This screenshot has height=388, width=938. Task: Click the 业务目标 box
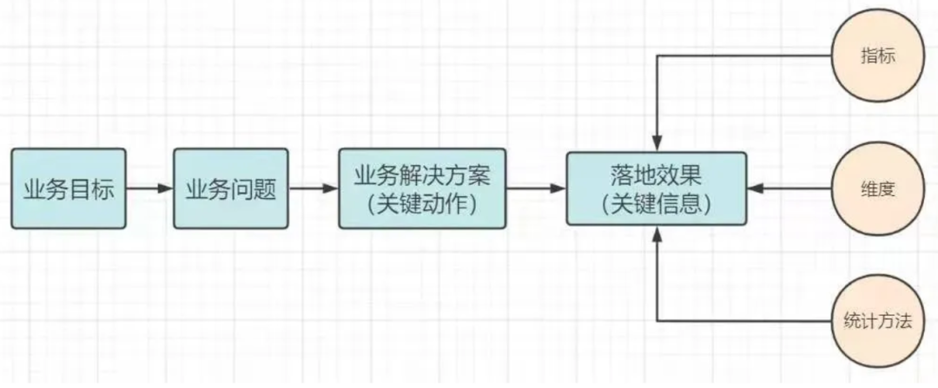tap(69, 188)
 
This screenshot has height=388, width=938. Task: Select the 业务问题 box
tap(231, 188)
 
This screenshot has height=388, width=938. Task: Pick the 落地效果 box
tap(656, 188)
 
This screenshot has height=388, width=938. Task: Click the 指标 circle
tap(876, 57)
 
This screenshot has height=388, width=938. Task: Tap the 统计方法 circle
tap(876, 320)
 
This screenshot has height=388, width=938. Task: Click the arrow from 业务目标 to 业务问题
tap(149, 188)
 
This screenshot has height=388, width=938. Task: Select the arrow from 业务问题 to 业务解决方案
tap(313, 188)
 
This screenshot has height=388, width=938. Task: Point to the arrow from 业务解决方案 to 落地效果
tap(536, 188)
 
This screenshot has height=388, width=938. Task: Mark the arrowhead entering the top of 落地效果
tap(657, 145)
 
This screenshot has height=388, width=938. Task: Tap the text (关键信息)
tap(656, 205)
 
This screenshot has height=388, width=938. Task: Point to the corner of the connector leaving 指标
tap(657, 57)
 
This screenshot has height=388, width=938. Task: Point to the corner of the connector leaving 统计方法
tap(657, 321)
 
